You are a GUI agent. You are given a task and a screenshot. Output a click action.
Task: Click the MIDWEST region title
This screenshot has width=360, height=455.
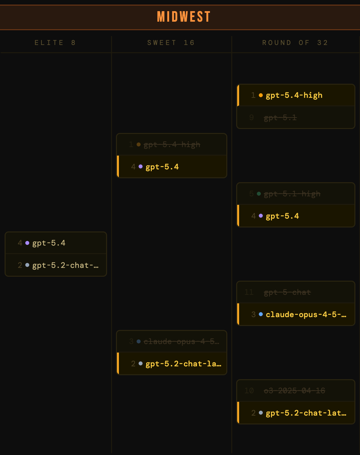click(184, 17)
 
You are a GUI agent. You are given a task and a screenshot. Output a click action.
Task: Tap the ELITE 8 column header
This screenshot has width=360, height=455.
click(55, 43)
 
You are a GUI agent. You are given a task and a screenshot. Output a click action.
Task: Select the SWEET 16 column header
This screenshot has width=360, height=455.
click(171, 43)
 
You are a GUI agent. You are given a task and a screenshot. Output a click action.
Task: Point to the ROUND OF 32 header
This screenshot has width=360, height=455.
click(295, 43)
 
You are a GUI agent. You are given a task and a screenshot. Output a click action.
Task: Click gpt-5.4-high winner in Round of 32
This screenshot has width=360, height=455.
click(294, 95)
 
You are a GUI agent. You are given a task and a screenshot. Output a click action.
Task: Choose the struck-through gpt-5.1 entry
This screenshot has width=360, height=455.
click(280, 118)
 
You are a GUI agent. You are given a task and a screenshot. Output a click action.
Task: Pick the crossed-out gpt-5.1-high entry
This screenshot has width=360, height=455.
click(292, 194)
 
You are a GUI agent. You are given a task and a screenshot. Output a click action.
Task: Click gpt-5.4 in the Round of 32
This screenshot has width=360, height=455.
click(282, 216)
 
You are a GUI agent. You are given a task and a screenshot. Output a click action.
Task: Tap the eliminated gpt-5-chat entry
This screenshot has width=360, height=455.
click(287, 292)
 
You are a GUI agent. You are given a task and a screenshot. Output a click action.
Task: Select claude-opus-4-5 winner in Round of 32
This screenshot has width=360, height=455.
click(306, 314)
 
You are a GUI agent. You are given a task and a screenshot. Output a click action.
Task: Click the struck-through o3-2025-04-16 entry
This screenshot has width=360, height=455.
click(294, 391)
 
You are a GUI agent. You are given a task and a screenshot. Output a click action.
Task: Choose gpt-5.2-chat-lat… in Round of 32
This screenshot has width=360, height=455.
click(306, 413)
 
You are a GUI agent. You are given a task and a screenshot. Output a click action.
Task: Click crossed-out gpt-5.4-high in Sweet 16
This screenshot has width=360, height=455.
click(172, 144)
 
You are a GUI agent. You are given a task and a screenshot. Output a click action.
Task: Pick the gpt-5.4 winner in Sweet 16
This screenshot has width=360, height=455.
click(162, 167)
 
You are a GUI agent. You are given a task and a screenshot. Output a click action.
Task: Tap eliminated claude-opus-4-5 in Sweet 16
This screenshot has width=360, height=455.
click(181, 341)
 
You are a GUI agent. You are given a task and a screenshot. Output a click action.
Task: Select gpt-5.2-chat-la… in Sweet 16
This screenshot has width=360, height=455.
click(183, 364)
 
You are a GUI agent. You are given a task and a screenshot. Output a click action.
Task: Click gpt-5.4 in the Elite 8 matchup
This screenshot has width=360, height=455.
click(49, 243)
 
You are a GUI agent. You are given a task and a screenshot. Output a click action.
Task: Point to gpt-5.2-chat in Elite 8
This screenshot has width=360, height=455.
click(65, 265)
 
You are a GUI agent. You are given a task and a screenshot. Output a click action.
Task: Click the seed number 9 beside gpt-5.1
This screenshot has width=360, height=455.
click(252, 118)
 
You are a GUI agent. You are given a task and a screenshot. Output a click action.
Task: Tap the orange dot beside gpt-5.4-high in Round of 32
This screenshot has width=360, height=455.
click(261, 95)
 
